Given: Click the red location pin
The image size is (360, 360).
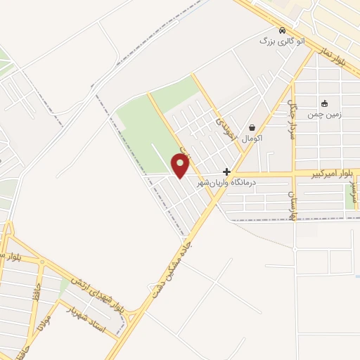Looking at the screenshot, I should (x=181, y=165).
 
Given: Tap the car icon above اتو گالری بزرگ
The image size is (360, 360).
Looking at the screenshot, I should (x=282, y=31).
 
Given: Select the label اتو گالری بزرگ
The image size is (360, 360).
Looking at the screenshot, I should (x=276, y=41).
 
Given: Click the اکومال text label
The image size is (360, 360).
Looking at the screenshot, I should (x=251, y=139).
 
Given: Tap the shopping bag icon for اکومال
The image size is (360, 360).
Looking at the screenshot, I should (x=252, y=127).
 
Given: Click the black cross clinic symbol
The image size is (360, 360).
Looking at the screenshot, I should (x=226, y=172).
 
